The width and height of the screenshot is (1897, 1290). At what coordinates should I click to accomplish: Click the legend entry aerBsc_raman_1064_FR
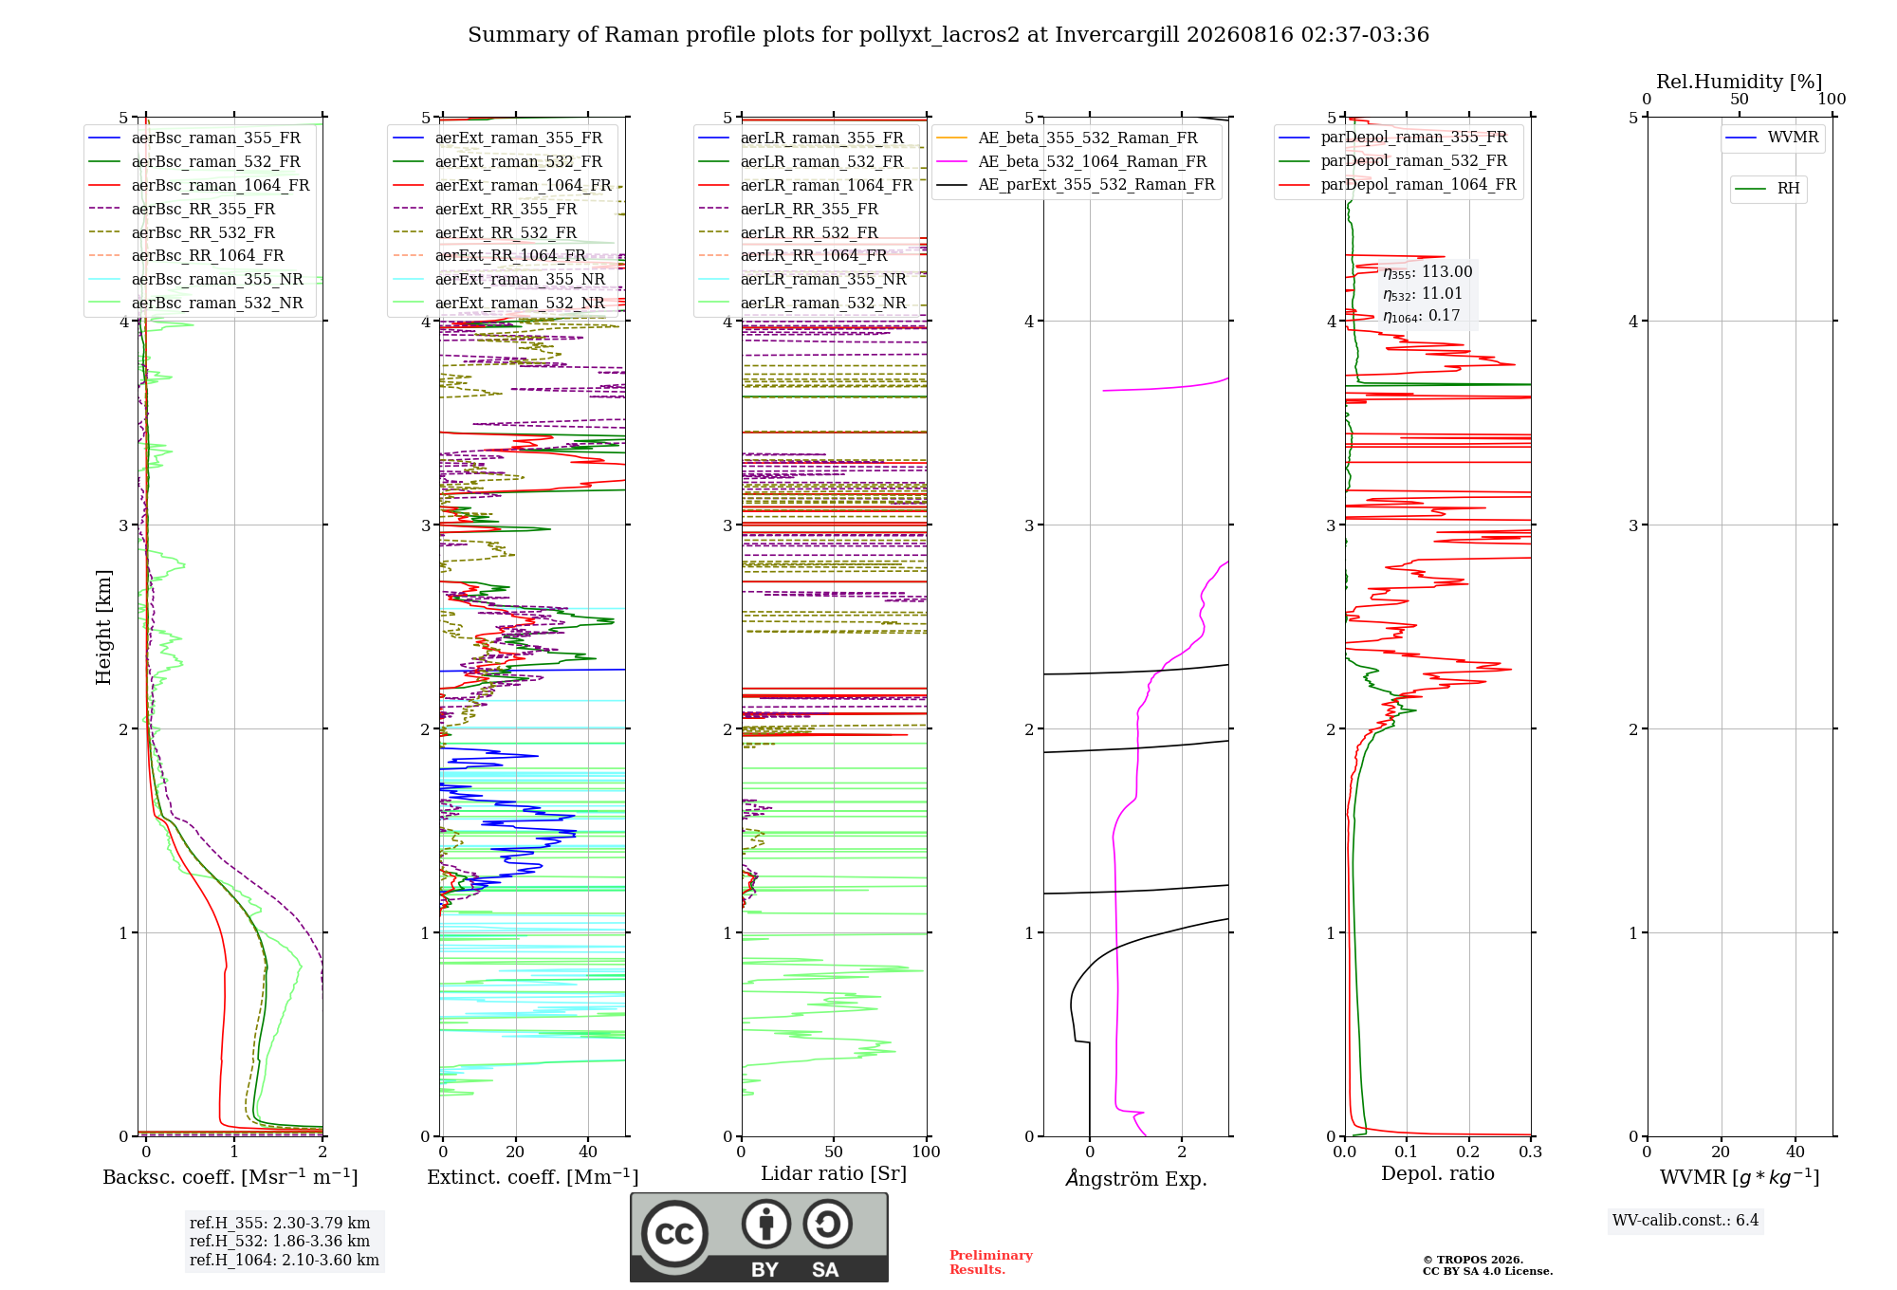(199, 185)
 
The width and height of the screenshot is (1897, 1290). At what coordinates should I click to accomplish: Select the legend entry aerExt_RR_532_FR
(485, 232)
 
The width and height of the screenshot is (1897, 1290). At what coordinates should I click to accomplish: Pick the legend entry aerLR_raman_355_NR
(802, 279)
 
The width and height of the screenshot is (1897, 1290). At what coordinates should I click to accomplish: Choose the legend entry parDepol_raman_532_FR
(1394, 161)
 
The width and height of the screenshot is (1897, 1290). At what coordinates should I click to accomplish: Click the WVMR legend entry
(1772, 138)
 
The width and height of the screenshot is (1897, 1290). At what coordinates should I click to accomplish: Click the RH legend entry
(1767, 189)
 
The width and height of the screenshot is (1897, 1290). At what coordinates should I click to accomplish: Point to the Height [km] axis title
(103, 627)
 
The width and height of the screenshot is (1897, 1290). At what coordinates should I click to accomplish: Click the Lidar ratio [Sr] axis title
(834, 1173)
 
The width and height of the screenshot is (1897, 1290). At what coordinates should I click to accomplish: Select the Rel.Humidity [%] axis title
(1740, 82)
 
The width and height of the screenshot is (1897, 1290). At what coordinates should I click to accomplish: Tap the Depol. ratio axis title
(1438, 1173)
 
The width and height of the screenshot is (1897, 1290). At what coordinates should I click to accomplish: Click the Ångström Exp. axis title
(1136, 1178)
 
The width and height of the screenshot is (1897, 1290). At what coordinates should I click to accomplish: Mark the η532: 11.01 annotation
(1423, 294)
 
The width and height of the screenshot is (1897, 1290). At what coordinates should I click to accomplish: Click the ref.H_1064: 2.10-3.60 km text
(285, 1260)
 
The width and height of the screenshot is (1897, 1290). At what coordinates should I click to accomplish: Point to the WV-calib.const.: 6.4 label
(1685, 1220)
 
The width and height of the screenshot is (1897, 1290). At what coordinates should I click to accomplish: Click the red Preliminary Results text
(991, 1262)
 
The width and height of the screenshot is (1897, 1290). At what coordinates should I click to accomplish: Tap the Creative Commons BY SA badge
(760, 1238)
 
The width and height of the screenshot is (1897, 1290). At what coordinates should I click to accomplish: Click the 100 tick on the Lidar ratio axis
(926, 1152)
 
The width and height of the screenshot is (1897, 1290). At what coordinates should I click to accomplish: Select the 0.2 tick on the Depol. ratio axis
(1468, 1152)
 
